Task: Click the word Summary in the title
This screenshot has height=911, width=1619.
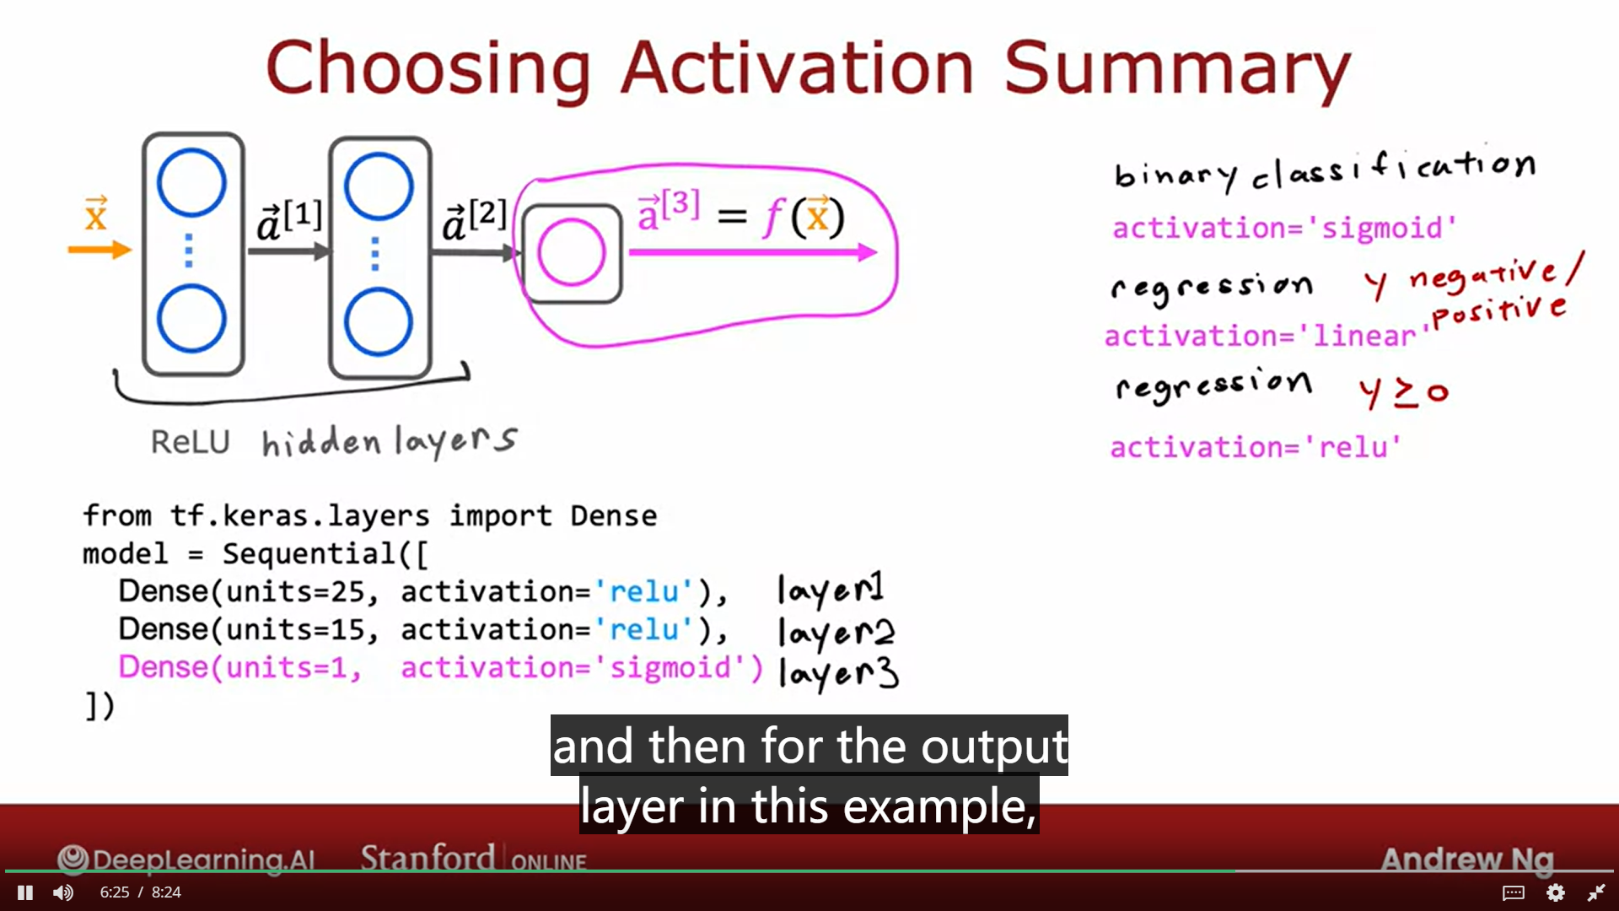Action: point(1177,69)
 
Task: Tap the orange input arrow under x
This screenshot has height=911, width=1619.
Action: point(100,250)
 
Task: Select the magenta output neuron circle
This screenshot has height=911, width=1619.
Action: point(572,252)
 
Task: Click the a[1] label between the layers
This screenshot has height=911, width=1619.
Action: point(289,220)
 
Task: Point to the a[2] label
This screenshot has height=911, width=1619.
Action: point(475,220)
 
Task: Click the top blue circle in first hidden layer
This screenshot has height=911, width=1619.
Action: point(191,182)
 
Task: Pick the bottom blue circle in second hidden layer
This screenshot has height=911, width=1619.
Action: point(378,321)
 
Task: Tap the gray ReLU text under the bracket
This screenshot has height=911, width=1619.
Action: point(190,442)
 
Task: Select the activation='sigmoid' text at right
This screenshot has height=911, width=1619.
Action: point(1284,228)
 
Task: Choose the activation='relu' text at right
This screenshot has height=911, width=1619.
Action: point(1256,447)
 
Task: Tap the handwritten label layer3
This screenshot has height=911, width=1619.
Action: point(838,672)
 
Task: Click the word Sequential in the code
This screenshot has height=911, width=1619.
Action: point(309,554)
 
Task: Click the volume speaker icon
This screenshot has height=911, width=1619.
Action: point(63,892)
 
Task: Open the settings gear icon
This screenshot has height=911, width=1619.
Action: point(1556,892)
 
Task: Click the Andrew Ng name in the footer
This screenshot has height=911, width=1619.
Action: point(1467,860)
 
